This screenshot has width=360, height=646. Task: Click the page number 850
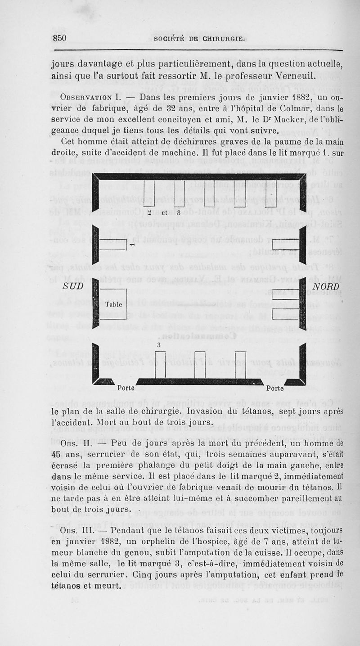[59, 38]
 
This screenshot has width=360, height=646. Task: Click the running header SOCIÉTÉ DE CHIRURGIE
[199, 39]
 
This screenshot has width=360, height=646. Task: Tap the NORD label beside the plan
[326, 286]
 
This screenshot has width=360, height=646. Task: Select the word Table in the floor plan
[114, 304]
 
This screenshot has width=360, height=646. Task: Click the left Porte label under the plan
[126, 388]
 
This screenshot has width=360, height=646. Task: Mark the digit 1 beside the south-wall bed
[131, 245]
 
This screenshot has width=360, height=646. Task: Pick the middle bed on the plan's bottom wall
[200, 364]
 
